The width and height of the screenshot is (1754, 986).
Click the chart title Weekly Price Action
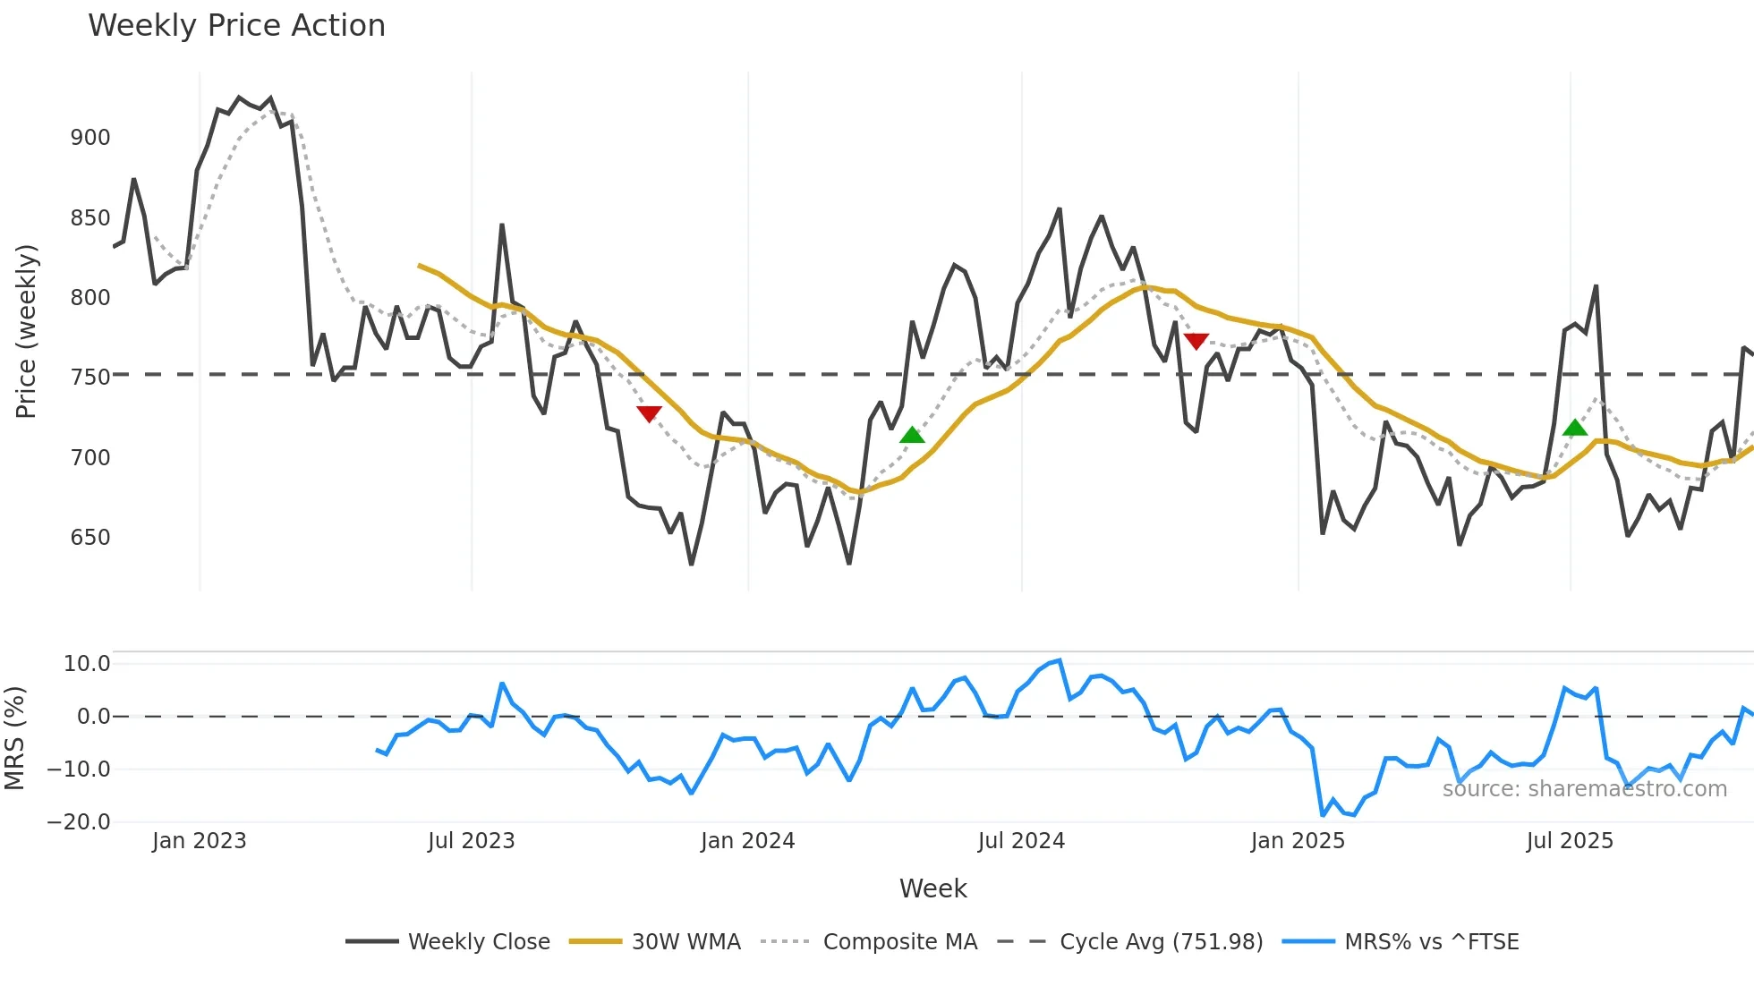click(x=236, y=26)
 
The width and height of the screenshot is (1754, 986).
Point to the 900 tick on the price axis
click(x=90, y=138)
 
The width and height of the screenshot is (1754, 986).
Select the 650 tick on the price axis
click(x=90, y=538)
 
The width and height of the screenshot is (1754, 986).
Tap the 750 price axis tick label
click(x=90, y=378)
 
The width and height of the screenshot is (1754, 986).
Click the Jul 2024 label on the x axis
click(x=1021, y=841)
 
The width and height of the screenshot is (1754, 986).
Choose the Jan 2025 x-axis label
click(x=1298, y=841)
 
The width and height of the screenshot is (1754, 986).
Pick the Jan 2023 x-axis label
click(x=199, y=841)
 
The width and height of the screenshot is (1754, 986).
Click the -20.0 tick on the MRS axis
click(x=79, y=822)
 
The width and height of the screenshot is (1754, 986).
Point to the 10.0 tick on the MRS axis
click(x=87, y=664)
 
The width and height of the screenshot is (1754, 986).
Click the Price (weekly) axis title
click(x=26, y=331)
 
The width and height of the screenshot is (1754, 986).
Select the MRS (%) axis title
click(x=14, y=738)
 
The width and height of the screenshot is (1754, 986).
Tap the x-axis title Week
click(x=932, y=888)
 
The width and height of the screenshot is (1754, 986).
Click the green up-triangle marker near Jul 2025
click(x=1575, y=429)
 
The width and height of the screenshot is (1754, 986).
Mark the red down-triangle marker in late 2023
click(x=649, y=413)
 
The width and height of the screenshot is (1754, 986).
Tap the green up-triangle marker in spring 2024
click(x=912, y=435)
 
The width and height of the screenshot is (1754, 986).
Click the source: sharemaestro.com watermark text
click(x=1584, y=789)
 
